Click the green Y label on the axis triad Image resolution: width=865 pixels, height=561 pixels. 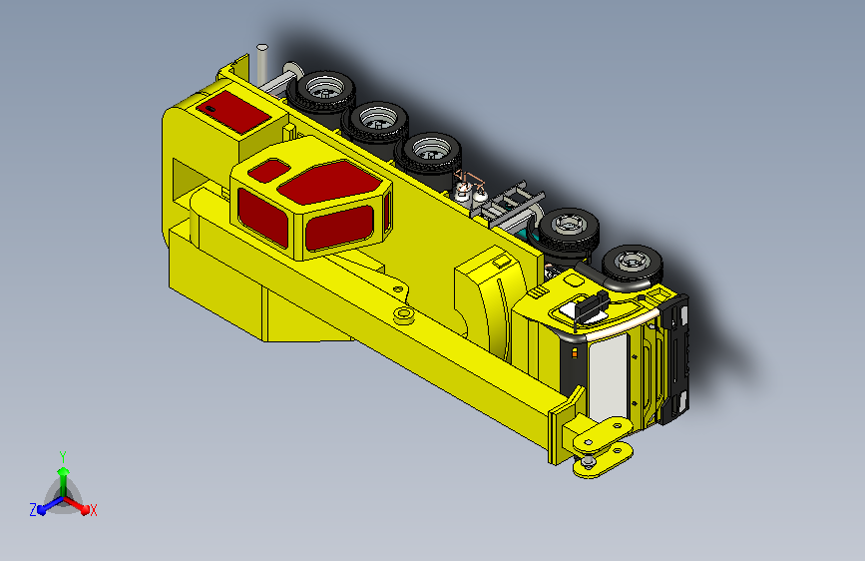pyautogui.click(x=63, y=456)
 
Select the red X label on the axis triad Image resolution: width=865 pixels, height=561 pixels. pyautogui.click(x=93, y=510)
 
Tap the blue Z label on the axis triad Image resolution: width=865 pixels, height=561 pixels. pyautogui.click(x=33, y=510)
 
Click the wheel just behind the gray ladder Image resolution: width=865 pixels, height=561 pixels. pyautogui.click(x=569, y=230)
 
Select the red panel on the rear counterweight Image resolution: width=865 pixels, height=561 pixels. pyautogui.click(x=233, y=112)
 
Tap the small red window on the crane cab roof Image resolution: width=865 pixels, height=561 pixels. pyautogui.click(x=269, y=170)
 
